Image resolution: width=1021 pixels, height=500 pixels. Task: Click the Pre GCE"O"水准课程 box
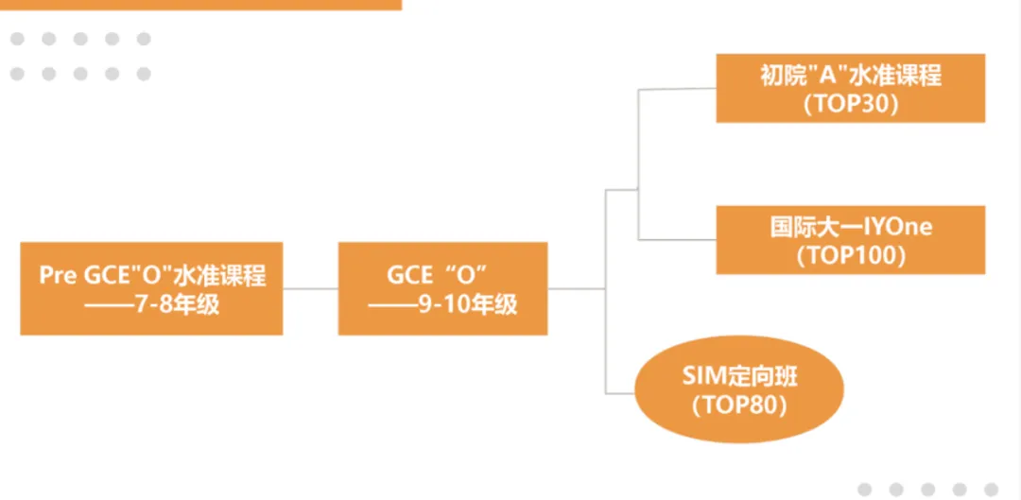151,288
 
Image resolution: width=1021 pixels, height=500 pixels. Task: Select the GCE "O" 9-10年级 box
442,288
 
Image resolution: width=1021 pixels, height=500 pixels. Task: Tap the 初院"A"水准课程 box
850,88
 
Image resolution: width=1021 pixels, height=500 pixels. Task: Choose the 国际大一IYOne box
850,240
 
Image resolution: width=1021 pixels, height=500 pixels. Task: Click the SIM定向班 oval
739,389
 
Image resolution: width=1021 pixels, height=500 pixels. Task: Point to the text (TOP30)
850,104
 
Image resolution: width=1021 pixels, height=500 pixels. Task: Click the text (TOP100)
850,255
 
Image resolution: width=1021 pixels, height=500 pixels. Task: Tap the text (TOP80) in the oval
739,405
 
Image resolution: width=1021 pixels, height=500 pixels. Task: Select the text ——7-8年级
151,304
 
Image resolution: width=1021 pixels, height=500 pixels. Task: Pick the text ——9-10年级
442,304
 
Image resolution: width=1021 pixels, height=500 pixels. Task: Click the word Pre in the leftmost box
58,275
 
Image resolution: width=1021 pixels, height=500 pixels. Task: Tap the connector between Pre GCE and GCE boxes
310,288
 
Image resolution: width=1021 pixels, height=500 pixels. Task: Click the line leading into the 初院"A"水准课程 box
677,90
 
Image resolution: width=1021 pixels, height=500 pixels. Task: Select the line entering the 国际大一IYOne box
677,238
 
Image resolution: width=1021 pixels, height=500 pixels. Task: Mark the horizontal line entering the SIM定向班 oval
619,391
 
